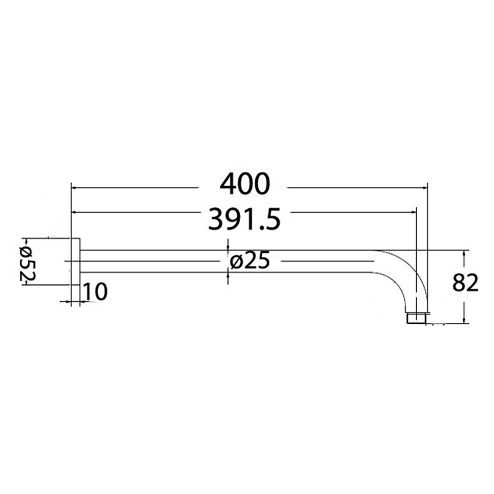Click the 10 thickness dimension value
[94, 292]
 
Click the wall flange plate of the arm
[75, 261]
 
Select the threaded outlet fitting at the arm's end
[416, 318]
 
